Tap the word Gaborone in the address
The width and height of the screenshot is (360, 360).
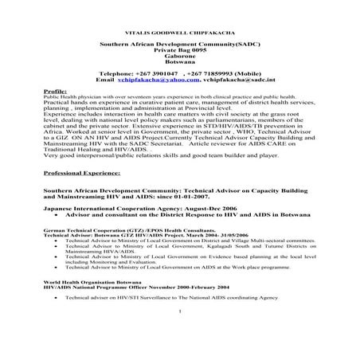[x=180, y=57]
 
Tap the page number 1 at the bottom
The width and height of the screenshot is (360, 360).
[x=182, y=333]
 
